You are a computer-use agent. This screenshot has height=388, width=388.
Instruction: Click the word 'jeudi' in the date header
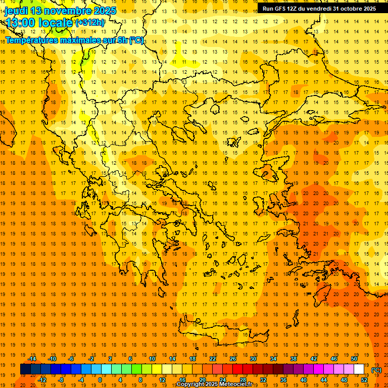tap(16, 10)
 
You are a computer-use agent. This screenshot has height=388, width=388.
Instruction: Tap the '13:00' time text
tap(21, 22)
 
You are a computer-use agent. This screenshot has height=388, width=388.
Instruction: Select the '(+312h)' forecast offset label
tap(90, 23)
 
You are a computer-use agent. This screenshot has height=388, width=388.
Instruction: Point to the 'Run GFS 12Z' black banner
tap(319, 9)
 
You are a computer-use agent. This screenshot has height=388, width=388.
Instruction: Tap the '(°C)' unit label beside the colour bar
tap(376, 370)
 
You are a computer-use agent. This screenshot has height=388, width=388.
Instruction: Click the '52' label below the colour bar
tap(365, 380)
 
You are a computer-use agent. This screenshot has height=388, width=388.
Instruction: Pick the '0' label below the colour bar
tap(100, 380)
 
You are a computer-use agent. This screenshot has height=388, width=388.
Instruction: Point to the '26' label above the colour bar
tap(232, 359)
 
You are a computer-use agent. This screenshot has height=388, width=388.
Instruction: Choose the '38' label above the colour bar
tap(293, 359)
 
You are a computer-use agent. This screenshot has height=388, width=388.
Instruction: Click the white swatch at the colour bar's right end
tap(359, 369)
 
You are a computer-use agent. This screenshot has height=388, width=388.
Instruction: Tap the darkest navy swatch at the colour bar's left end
tap(25, 369)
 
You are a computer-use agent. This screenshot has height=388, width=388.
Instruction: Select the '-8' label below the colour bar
tap(60, 380)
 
